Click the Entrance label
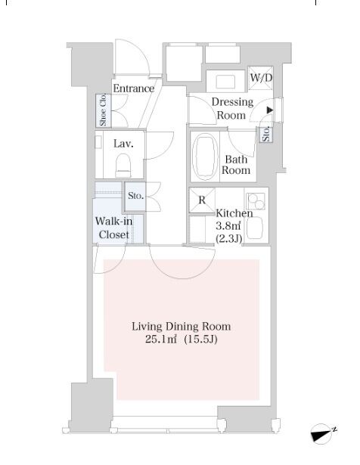point(134,88)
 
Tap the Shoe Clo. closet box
point(103,110)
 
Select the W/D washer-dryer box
point(260,78)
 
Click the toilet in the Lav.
point(123,166)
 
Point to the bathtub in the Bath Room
point(205,157)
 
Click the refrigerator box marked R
point(202,200)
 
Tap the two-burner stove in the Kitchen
point(256,201)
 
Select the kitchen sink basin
point(254,228)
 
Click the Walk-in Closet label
point(114,228)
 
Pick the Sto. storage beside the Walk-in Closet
point(135,196)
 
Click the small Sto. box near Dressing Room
point(266,135)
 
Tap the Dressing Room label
point(232,108)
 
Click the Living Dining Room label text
point(182,327)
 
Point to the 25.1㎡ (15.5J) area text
point(182,339)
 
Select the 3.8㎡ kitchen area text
point(228,226)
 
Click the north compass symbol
point(323,434)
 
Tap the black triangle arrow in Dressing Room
point(269,110)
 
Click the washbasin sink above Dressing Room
point(225,82)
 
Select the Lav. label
point(123,144)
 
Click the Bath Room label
point(236,165)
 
